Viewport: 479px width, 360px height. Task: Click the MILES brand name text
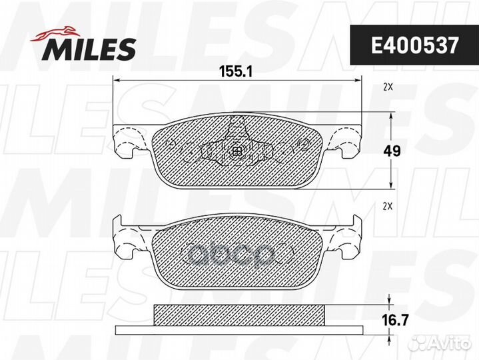[90, 48]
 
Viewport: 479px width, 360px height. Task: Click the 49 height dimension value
[392, 151]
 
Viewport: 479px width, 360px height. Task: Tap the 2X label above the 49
[388, 87]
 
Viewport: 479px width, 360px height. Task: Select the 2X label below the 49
[388, 207]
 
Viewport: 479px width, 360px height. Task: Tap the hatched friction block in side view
[239, 314]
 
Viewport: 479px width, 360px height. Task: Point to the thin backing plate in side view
[239, 331]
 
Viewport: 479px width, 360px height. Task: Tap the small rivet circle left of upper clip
[172, 143]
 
